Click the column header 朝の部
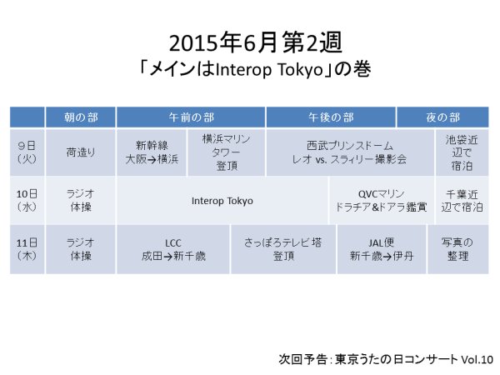[81, 117]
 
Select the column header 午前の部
[191, 117]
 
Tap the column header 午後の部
[331, 117]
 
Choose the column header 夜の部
[443, 117]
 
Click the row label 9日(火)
[27, 152]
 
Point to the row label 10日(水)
[27, 201]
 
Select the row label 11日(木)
[27, 249]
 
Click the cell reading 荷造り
[81, 152]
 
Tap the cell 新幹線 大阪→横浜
[152, 152]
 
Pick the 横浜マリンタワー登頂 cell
[227, 152]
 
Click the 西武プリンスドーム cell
[350, 152]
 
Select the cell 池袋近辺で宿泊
[462, 152]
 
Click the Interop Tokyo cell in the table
[222, 201]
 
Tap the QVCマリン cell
[382, 201]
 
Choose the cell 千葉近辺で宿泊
[462, 201]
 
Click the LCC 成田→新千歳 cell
[173, 249]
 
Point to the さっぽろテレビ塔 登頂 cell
[283, 249]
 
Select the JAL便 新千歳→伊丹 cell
[382, 249]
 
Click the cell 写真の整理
[457, 249]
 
